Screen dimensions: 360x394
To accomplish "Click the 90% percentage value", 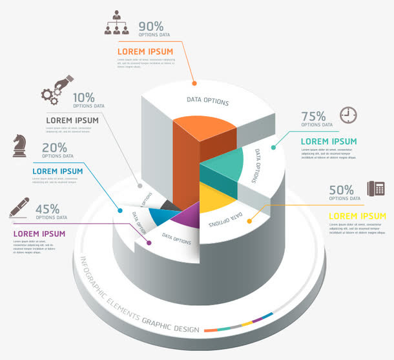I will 151,26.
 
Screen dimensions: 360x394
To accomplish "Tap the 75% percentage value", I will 313,116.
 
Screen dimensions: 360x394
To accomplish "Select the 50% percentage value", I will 341,190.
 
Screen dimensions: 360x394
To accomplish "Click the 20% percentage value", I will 55,148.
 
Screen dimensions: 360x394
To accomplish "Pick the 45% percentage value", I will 48,209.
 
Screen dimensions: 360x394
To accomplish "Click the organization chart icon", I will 117,23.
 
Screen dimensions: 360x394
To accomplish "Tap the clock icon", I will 348,114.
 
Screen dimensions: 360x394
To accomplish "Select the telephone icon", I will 376,188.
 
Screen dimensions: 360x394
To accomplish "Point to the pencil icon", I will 19,207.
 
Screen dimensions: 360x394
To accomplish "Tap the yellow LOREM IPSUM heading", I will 357,216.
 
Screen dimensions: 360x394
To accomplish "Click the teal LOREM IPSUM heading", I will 329,141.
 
